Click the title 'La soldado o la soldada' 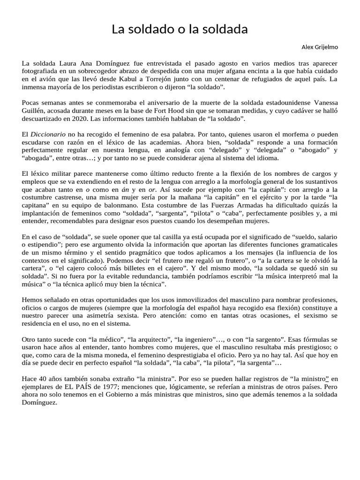pos(180,30)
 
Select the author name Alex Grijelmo pos(319,47)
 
